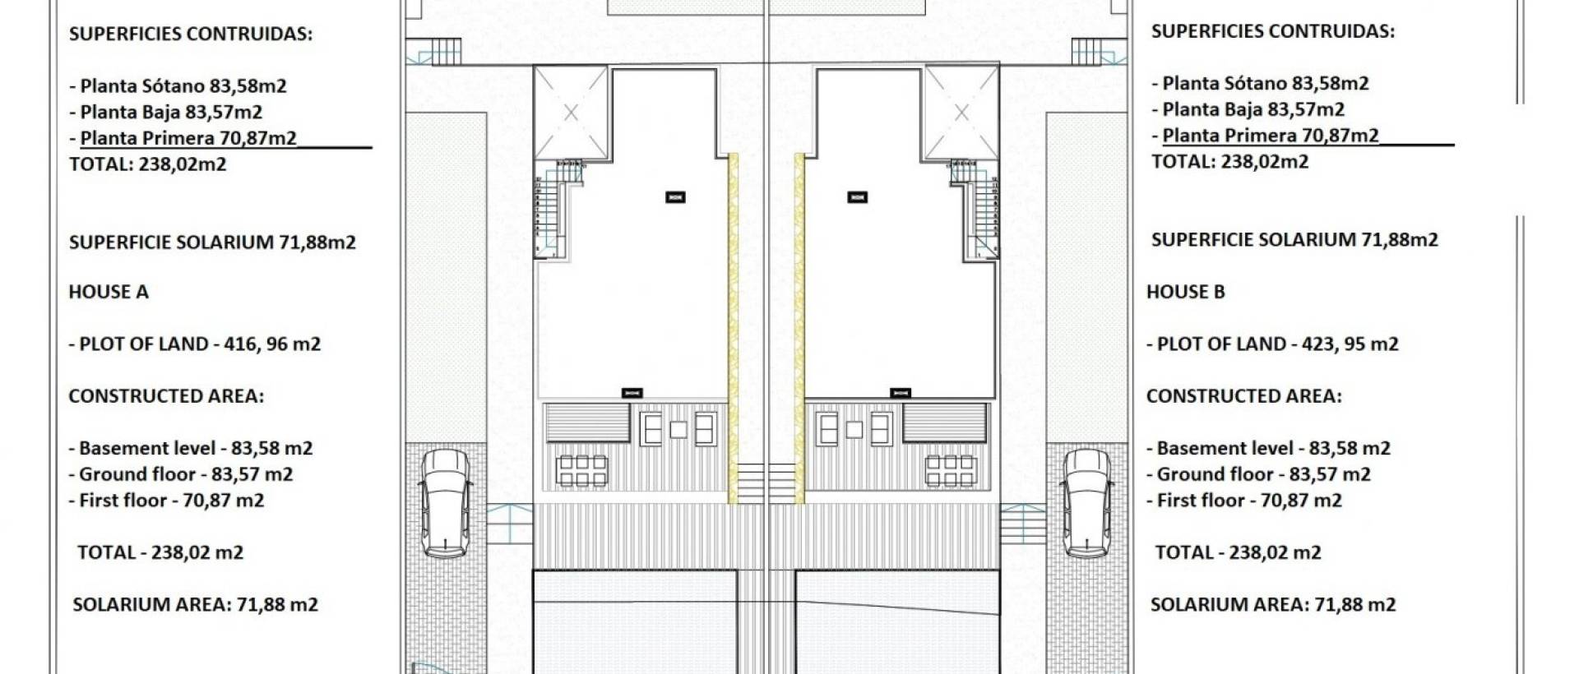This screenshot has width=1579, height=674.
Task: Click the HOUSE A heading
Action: [x=109, y=292]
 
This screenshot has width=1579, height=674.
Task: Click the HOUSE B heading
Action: [x=1186, y=292]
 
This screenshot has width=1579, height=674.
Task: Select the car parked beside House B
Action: [x=1086, y=503]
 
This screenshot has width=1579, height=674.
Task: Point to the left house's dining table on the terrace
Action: [x=581, y=471]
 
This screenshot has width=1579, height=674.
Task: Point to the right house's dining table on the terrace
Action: [x=950, y=471]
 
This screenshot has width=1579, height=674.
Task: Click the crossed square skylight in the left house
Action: [x=571, y=113]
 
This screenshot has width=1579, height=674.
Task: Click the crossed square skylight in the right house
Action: [x=961, y=113]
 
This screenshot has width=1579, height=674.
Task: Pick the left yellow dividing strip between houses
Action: [x=733, y=327]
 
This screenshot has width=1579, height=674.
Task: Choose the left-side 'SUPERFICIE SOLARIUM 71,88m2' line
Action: [x=212, y=242]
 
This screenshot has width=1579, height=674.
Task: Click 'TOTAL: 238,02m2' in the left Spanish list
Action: [x=148, y=164]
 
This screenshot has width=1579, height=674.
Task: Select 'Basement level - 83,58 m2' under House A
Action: [x=191, y=448]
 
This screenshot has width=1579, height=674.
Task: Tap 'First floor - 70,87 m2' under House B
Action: [x=1244, y=500]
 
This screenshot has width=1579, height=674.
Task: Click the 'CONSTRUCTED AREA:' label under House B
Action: [x=1244, y=396]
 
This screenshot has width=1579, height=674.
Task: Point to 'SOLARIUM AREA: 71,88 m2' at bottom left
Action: [x=196, y=605]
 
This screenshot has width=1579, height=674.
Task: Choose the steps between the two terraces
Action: [x=765, y=482]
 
